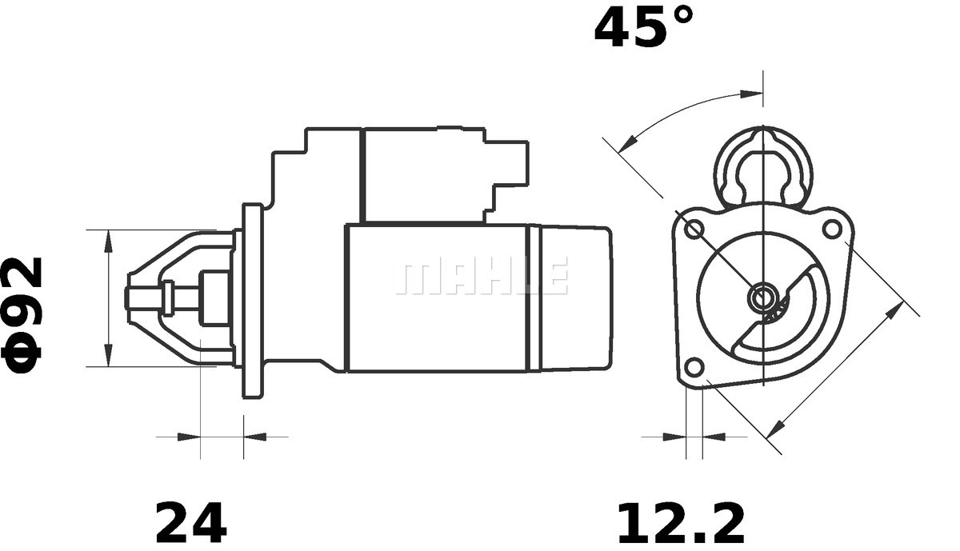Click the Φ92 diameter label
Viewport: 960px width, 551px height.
(22, 314)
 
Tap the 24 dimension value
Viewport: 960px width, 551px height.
(191, 522)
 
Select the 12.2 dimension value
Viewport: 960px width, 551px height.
(681, 523)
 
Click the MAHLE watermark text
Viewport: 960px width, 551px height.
(482, 275)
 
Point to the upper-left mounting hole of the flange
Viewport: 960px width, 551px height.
(694, 230)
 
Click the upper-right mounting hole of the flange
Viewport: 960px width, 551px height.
(833, 229)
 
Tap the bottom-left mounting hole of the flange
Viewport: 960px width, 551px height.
(694, 368)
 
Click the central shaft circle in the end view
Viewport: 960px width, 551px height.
(763, 297)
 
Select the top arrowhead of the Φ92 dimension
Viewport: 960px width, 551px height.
(109, 241)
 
